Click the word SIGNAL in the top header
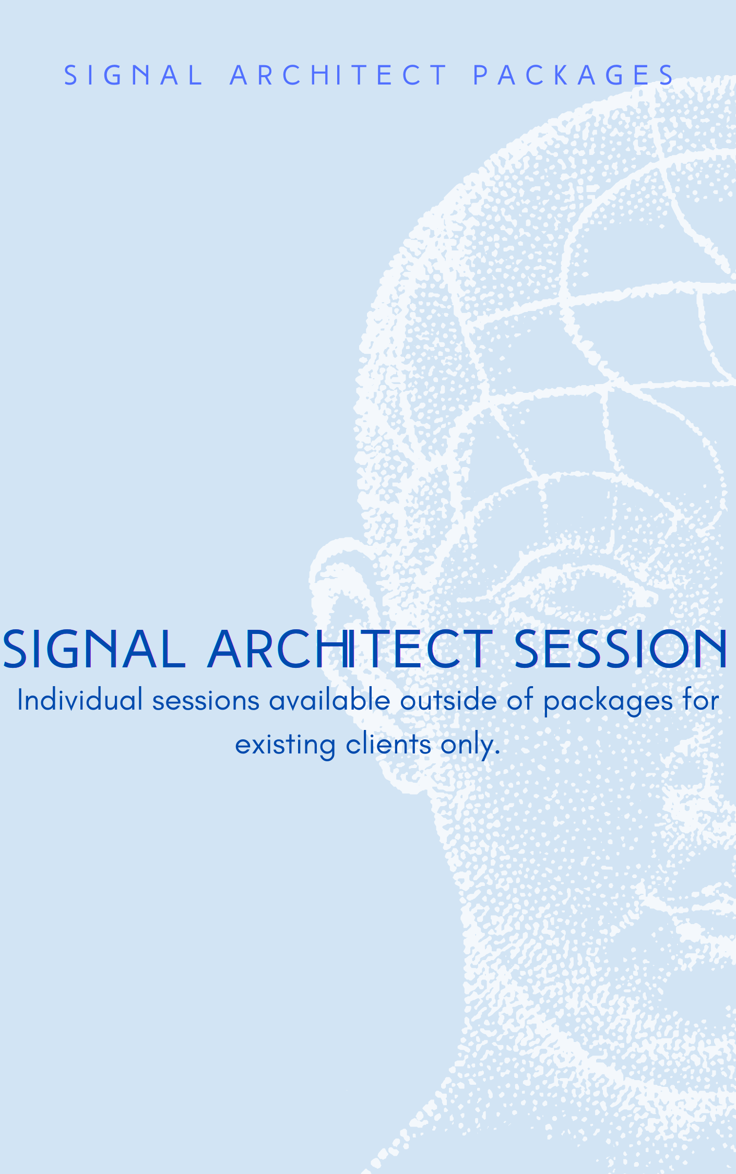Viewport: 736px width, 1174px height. (x=133, y=75)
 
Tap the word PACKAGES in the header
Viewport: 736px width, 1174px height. (x=573, y=75)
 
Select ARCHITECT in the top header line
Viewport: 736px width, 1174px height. (x=338, y=75)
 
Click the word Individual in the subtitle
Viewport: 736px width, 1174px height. (x=80, y=700)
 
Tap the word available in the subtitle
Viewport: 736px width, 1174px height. (x=329, y=700)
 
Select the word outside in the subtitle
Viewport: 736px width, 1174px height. (x=448, y=700)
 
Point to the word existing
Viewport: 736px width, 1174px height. (x=285, y=745)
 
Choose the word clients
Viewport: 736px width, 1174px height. (x=388, y=744)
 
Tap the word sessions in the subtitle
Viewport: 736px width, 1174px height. (x=206, y=701)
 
